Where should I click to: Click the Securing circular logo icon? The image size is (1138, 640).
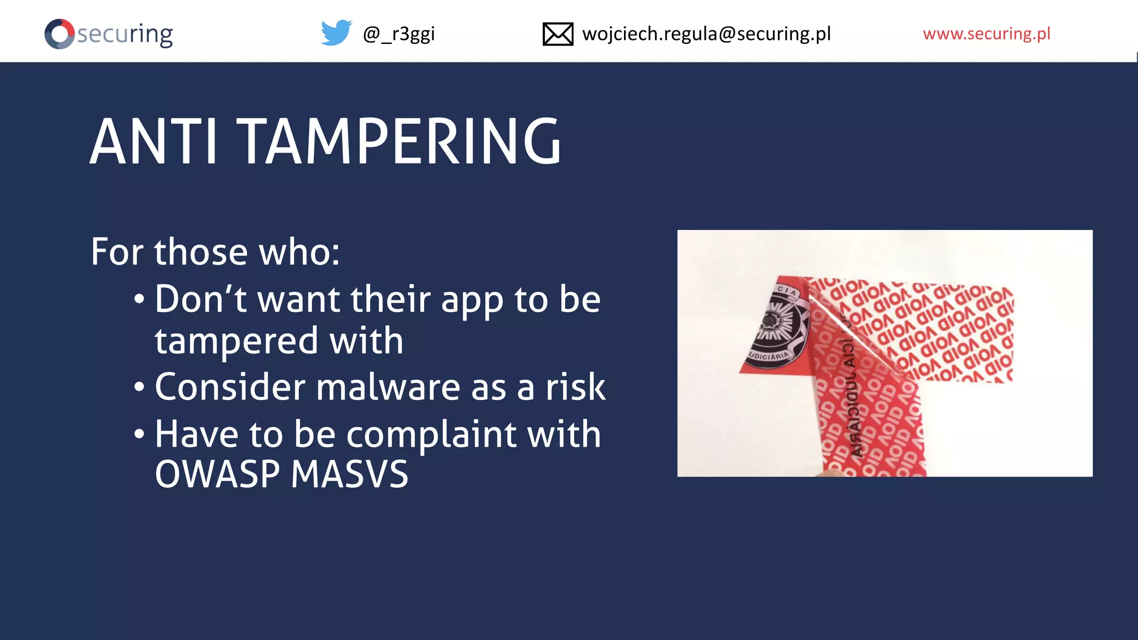[x=59, y=34]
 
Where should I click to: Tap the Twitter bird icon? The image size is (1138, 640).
[x=336, y=33]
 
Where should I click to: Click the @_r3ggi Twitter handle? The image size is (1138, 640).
[x=398, y=34]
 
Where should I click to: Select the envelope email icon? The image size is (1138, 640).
[x=557, y=34]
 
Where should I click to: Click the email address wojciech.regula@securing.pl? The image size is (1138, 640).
[x=706, y=34]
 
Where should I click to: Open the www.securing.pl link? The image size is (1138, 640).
[x=986, y=34]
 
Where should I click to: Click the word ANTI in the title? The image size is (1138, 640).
[x=153, y=142]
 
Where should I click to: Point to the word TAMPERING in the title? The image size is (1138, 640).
[x=399, y=142]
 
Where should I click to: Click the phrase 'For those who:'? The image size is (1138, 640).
[x=215, y=252]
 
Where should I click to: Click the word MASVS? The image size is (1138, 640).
[x=350, y=474]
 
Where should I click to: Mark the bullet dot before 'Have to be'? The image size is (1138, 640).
[x=139, y=433]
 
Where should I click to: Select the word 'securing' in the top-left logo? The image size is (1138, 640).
[x=125, y=34]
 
